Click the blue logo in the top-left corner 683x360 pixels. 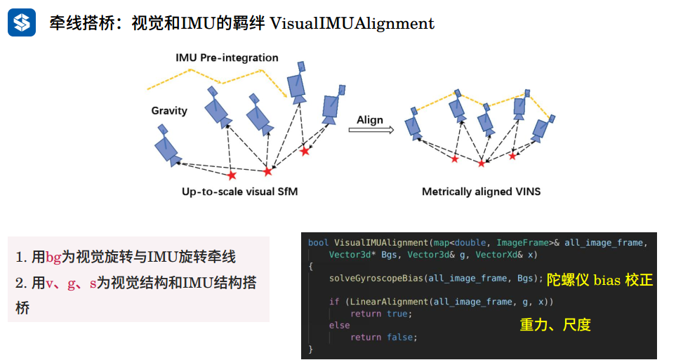click(22, 22)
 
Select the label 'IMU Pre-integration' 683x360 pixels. click(227, 58)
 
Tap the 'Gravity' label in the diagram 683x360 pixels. click(169, 111)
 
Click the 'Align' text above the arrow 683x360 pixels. click(370, 119)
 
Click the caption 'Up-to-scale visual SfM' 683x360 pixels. click(240, 192)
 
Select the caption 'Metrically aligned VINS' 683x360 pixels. click(481, 192)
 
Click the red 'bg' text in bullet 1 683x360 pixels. click(53, 258)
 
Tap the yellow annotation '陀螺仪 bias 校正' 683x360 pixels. click(600, 281)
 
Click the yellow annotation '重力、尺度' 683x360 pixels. click(555, 324)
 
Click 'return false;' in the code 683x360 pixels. click(383, 337)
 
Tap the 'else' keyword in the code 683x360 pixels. click(339, 326)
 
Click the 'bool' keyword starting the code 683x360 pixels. click(318, 243)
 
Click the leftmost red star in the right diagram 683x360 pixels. click(455, 159)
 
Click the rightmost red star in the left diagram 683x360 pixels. click(305, 151)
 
